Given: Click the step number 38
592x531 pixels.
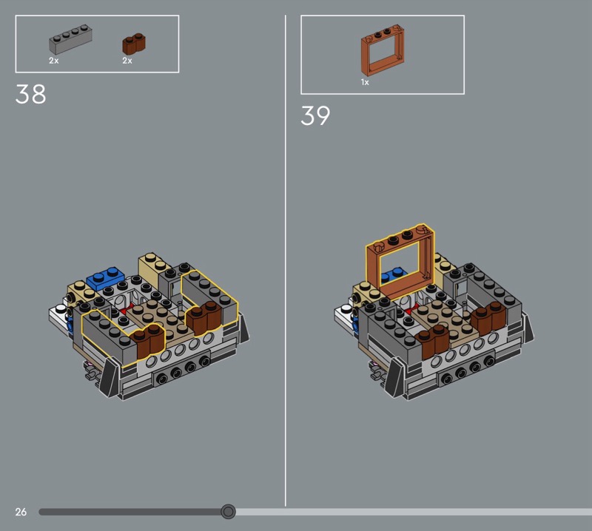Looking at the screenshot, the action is (30, 94).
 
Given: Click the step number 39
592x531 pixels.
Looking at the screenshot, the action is (315, 115).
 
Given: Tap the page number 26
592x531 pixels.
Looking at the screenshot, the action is (21, 512).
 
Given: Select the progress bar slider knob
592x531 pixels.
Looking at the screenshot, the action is (228, 512).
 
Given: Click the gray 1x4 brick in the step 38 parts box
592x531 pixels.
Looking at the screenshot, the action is (70, 40).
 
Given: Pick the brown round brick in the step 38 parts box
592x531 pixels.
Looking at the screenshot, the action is (134, 44).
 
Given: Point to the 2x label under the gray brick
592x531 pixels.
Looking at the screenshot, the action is (53, 61).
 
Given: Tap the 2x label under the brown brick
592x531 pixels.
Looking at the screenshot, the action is (127, 61).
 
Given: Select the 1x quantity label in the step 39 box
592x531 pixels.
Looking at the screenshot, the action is (365, 82).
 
